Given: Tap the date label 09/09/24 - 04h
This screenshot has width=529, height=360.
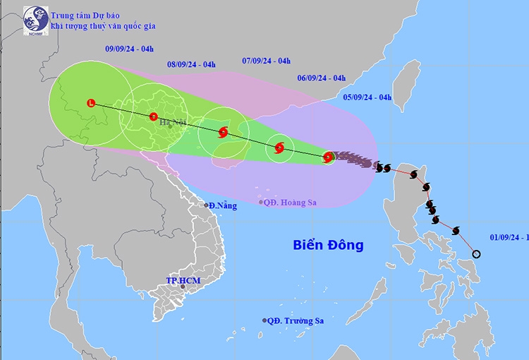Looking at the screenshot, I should coord(129,49).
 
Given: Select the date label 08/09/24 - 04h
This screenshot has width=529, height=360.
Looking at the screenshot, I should coord(191,65).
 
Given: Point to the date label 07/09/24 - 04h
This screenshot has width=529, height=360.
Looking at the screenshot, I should coord(267,61).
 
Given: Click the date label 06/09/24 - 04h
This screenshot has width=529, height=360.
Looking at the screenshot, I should coord(321,78).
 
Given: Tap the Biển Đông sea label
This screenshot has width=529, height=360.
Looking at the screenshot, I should coord(328,245).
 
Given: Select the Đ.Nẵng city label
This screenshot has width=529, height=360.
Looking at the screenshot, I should coord(221,205).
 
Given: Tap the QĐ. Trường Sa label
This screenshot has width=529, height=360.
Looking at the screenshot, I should coord(296,320).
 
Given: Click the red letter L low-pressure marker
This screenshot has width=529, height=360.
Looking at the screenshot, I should coord(90,104).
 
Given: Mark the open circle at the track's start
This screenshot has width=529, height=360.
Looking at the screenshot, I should coord(475,254).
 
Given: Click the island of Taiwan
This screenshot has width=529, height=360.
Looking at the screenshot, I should coord(408,81).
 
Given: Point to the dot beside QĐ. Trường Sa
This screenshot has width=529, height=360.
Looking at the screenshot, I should coord(265,320).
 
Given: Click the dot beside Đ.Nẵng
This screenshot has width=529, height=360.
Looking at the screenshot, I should coord(207,205).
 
